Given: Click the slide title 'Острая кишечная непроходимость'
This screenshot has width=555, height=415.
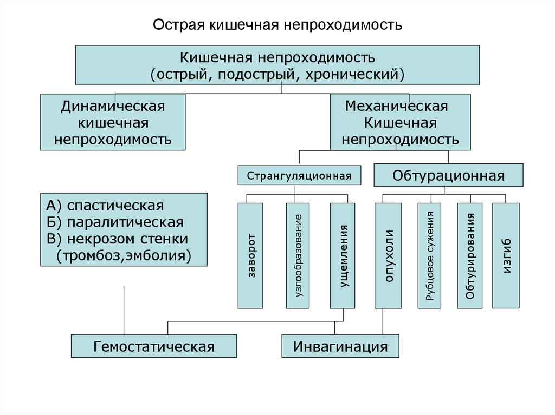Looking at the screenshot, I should pyautogui.click(x=277, y=25).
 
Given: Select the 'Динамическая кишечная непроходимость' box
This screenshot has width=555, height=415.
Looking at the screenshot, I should pyautogui.click(x=113, y=122).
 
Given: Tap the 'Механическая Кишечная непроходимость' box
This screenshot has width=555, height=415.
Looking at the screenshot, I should pyautogui.click(x=400, y=122).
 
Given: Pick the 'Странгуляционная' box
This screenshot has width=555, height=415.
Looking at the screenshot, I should pyautogui.click(x=299, y=175).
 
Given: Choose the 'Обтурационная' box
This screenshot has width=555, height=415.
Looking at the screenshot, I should pyautogui.click(x=448, y=176).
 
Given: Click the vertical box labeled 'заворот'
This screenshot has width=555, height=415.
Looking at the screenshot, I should pyautogui.click(x=250, y=255).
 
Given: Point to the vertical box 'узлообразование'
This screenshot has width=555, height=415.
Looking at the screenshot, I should pyautogui.click(x=298, y=255).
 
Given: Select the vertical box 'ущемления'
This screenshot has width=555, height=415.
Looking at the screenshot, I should pyautogui.click(x=343, y=255).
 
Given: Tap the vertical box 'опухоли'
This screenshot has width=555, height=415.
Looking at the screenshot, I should pyautogui.click(x=389, y=255).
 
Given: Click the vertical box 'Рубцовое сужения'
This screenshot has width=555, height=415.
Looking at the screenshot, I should pyautogui.click(x=430, y=255).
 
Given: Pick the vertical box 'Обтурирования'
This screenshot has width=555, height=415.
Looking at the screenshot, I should pyautogui.click(x=470, y=255).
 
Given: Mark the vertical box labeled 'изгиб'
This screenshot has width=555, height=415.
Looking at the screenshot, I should pyautogui.click(x=506, y=255).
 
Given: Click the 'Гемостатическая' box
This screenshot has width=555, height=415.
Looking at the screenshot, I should pyautogui.click(x=154, y=346).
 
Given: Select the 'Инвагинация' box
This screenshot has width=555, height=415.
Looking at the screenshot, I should pyautogui.click(x=340, y=346).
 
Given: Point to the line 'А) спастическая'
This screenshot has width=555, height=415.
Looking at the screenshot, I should pyautogui.click(x=105, y=206).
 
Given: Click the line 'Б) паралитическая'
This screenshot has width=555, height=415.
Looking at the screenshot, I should pyautogui.click(x=114, y=222).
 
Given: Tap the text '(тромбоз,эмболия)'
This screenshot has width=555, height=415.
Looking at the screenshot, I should pyautogui.click(x=124, y=255).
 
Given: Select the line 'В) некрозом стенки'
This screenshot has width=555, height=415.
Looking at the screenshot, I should pyautogui.click(x=117, y=239).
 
